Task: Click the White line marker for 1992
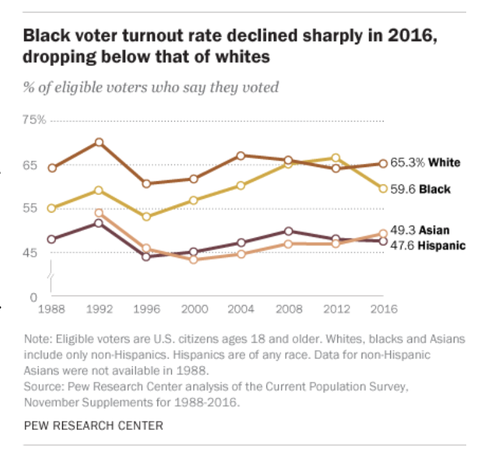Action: tap(99, 142)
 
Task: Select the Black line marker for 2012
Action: tap(336, 158)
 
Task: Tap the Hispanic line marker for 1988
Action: tap(52, 239)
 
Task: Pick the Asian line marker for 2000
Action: tap(194, 259)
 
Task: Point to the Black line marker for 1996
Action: tap(146, 217)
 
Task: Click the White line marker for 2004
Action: tap(242, 155)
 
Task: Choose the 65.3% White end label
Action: tap(426, 163)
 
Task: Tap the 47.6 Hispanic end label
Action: tap(428, 246)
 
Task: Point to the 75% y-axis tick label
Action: tap(34, 120)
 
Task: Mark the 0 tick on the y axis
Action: tap(35, 297)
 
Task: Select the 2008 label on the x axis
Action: tap(289, 309)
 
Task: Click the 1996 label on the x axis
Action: tap(146, 309)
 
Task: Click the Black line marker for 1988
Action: tap(52, 208)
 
